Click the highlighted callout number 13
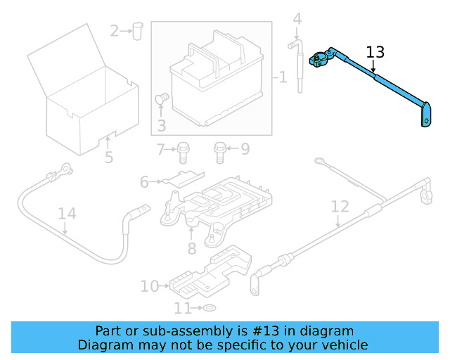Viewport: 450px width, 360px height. [x=375, y=51]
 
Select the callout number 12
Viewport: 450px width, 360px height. [x=340, y=207]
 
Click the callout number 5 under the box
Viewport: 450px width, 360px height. [x=109, y=157]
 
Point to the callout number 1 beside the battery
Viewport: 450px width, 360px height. [x=283, y=77]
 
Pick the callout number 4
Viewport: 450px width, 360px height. [x=297, y=19]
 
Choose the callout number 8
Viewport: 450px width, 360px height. [x=191, y=248]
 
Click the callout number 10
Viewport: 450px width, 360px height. [x=150, y=286]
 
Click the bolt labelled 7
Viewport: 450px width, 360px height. [x=184, y=149]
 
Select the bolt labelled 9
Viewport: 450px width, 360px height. [x=220, y=149]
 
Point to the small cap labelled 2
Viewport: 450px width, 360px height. [x=137, y=30]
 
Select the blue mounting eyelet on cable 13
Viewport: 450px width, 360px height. [x=425, y=116]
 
